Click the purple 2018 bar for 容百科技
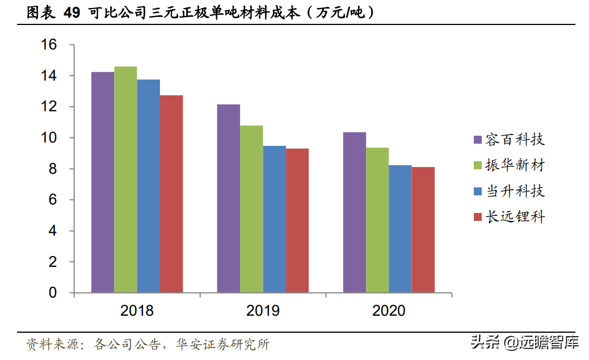click(x=103, y=182)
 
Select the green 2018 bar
click(x=125, y=179)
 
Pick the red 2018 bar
click(x=171, y=194)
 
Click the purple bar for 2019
click(x=229, y=199)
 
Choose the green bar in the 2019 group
click(x=251, y=209)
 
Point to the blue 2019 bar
click(x=274, y=219)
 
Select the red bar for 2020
click(x=423, y=230)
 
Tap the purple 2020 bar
click(x=355, y=212)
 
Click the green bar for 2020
click(x=377, y=220)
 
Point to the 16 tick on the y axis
click(x=49, y=45)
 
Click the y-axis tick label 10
click(x=49, y=138)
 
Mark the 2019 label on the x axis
click(x=263, y=311)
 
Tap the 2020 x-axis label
click(x=389, y=311)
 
